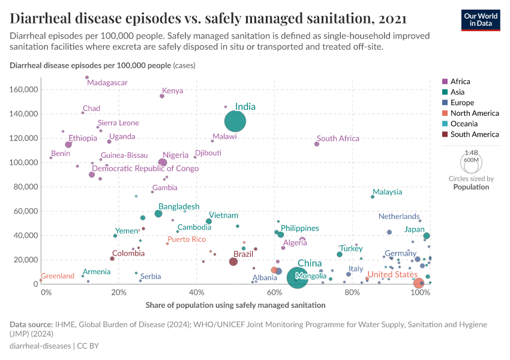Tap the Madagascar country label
pos(107,82)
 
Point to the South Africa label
pos(338,139)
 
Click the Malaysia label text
pos(387,192)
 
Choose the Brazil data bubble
pos(233,262)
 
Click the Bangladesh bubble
pos(158,214)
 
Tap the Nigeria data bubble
pos(163,163)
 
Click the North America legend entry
pos(474,113)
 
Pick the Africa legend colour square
pos(445,82)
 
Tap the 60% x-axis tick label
pos(274,292)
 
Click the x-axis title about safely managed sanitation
pos(235,305)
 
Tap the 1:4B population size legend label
pos(470,153)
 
